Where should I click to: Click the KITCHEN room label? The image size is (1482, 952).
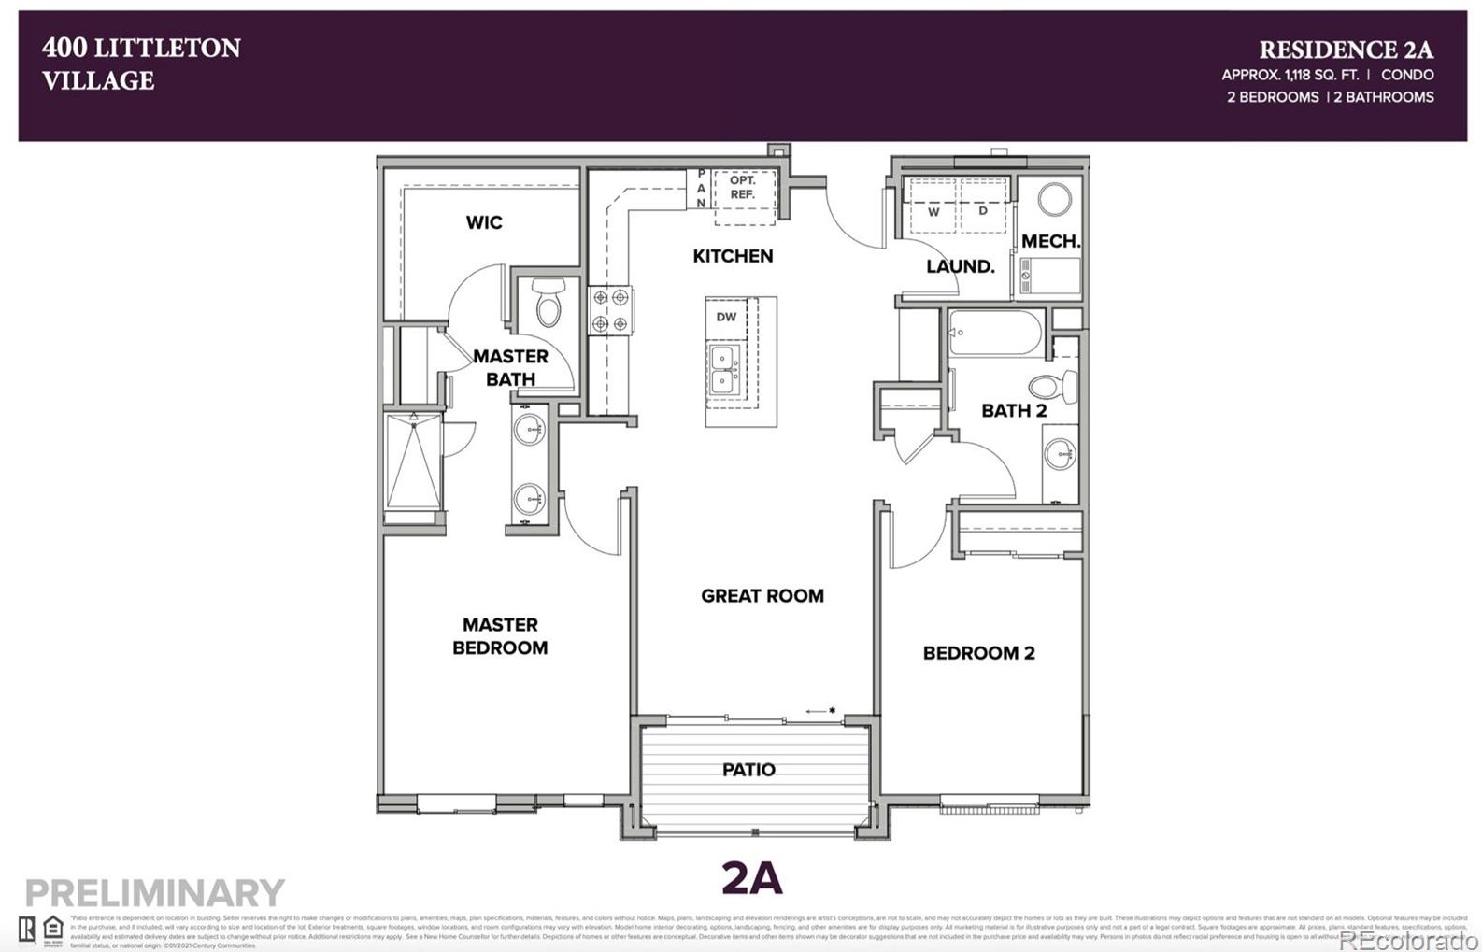733,256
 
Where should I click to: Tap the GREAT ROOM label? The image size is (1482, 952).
762,596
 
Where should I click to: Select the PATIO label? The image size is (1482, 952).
748,770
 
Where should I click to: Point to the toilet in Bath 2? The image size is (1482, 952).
1053,386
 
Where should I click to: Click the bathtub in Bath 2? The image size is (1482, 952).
994,334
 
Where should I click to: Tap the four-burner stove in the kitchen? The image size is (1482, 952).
610,310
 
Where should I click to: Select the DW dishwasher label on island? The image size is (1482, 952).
726,317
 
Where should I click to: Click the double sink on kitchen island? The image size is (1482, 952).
722,370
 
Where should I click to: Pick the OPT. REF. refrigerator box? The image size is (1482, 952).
744,194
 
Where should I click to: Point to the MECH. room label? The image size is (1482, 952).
1050,241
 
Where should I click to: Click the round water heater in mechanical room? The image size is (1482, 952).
1055,199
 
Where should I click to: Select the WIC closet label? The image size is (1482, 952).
484,222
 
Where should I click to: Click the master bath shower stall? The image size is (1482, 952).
413,463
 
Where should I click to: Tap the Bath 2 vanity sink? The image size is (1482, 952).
1061,455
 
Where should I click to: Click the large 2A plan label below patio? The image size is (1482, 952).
751,878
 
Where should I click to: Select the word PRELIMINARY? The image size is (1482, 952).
154,892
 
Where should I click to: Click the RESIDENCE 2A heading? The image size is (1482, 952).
1345,50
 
